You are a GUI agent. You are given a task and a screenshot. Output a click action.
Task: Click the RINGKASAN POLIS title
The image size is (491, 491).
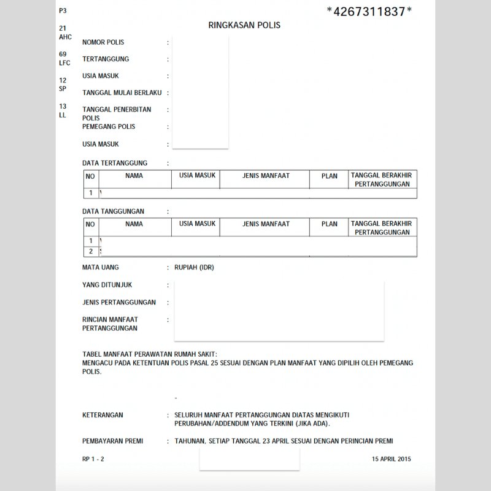pos(244,26)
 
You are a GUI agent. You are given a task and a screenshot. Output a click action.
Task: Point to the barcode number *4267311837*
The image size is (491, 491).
pos(369,11)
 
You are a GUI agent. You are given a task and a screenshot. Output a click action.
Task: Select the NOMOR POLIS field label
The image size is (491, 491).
pos(103,42)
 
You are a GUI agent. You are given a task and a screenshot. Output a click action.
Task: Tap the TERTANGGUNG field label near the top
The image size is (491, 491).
pos(106,60)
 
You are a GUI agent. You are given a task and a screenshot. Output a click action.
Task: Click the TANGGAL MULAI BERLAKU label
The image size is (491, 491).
pos(122,93)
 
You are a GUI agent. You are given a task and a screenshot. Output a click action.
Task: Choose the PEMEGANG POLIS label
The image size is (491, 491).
pos(109,126)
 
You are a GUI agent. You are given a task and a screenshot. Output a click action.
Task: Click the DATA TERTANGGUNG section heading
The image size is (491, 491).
pos(115,163)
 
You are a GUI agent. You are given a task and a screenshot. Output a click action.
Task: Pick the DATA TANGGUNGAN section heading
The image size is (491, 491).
pos(114,211)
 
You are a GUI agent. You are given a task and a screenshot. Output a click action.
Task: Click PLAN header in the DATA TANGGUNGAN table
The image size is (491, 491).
pos(330,224)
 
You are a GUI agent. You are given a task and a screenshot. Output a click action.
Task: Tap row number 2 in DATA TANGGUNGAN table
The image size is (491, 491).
pos(91,251)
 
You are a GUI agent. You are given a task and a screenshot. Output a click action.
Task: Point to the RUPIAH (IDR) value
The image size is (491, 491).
pos(194,268)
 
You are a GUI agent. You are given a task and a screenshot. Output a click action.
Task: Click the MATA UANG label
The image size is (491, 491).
pos(101,268)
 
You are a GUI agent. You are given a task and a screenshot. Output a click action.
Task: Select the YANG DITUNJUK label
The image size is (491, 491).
pos(107,285)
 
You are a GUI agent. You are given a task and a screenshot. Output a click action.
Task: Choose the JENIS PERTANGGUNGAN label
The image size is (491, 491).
pos(119,302)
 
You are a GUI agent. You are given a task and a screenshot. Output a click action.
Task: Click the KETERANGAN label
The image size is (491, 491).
pos(102,415)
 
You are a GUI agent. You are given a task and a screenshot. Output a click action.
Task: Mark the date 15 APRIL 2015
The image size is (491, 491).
pos(391,458)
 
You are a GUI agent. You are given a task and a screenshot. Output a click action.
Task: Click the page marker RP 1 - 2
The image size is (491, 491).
pos(93,458)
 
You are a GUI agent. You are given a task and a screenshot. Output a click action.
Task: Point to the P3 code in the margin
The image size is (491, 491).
pos(63,11)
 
